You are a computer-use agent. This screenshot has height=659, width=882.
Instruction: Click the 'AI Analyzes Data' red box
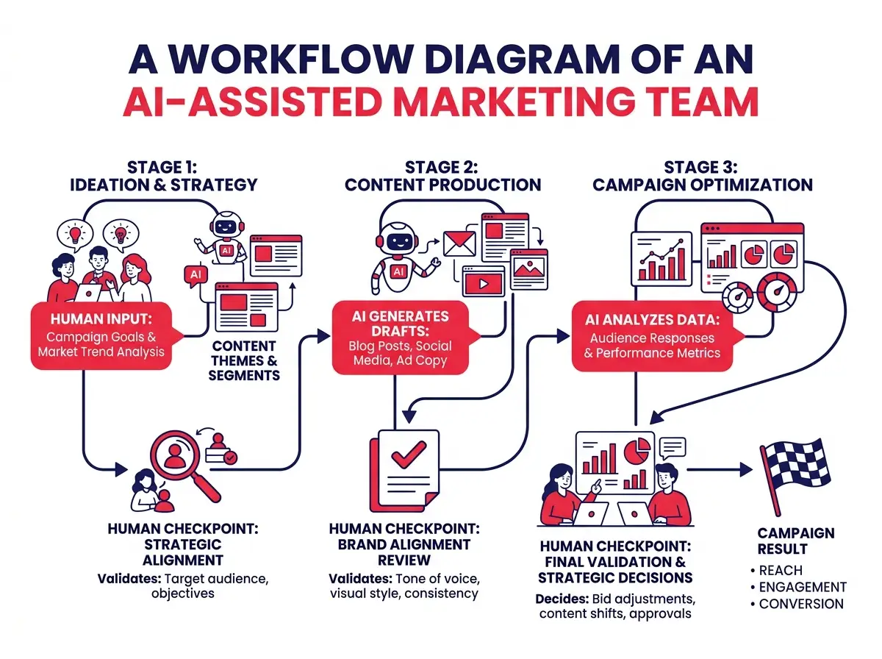point(655,337)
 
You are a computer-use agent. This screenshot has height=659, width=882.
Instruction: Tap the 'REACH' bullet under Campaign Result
point(781,570)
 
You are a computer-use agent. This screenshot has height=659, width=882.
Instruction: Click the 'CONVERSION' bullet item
point(801,604)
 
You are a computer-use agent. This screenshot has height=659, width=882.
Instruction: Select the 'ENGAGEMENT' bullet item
point(803,587)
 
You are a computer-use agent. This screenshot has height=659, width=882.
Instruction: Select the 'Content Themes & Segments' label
point(243,360)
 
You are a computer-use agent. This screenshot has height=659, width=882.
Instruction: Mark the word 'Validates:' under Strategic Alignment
point(129,579)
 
